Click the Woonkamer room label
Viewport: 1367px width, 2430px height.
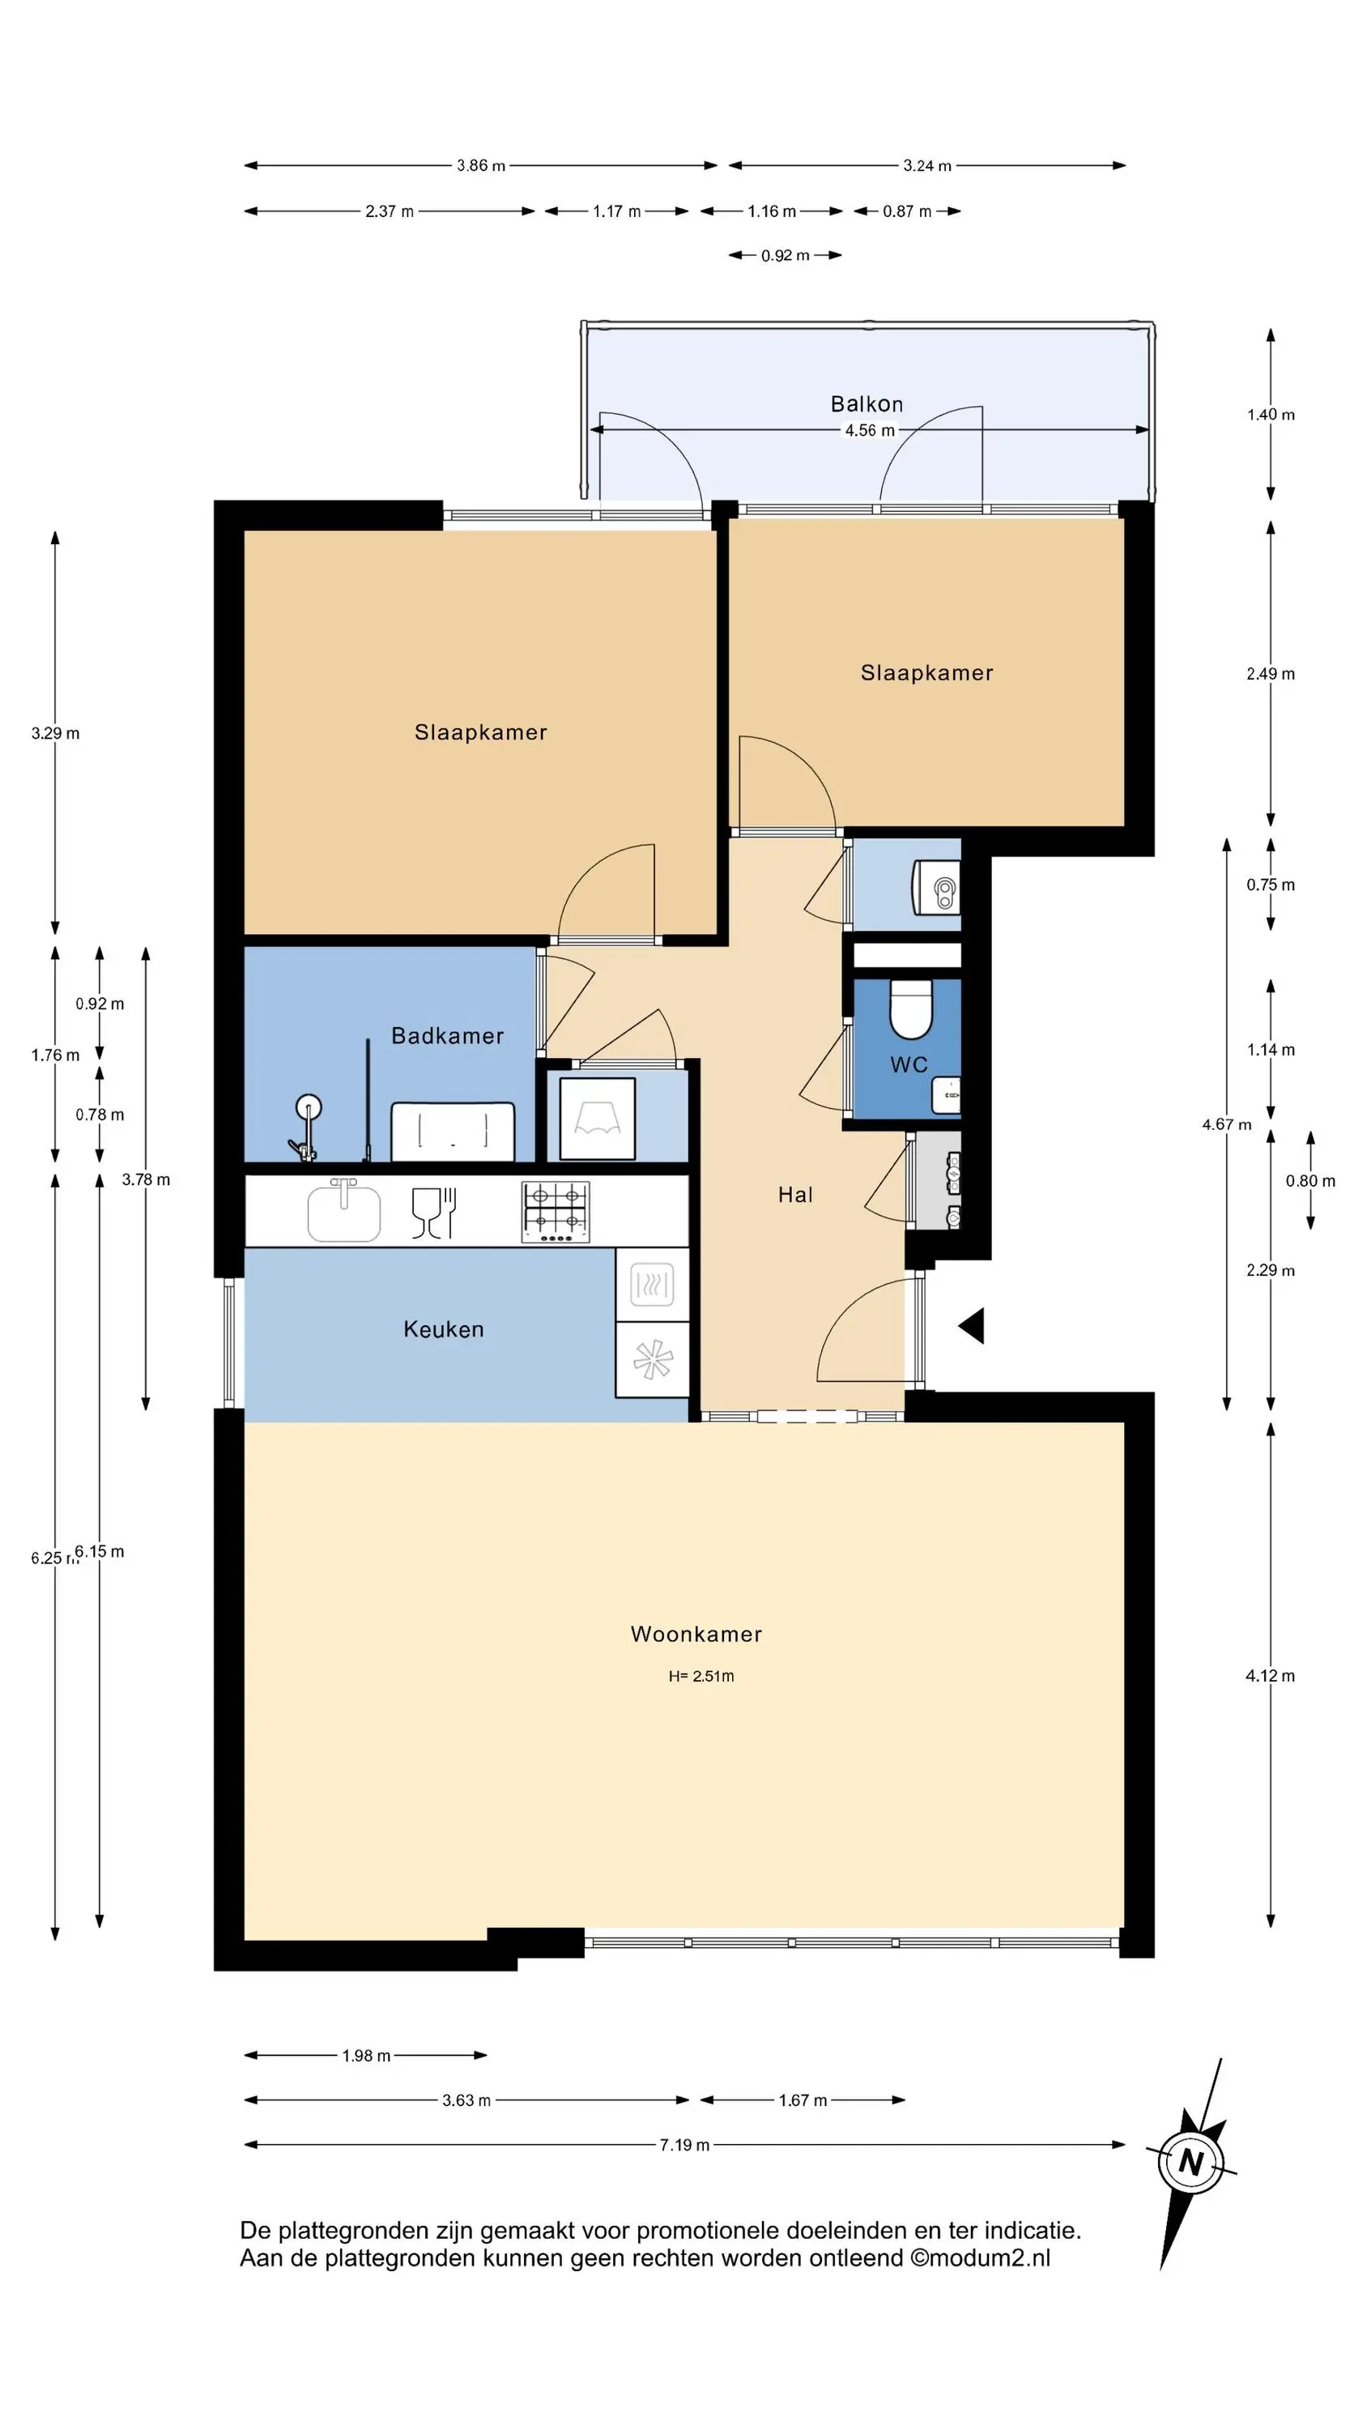point(696,1634)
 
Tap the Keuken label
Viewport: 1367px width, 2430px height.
point(444,1329)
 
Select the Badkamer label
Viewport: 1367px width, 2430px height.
point(447,1036)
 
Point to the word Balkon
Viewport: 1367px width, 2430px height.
point(866,403)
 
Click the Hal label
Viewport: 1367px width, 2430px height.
point(795,1196)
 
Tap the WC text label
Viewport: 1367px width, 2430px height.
point(909,1065)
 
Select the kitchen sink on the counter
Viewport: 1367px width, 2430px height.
point(344,1209)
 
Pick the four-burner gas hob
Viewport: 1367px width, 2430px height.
point(556,1211)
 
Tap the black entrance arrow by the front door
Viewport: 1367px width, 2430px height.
point(972,1325)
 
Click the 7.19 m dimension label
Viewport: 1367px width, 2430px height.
point(684,2144)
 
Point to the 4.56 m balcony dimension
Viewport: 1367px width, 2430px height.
point(869,430)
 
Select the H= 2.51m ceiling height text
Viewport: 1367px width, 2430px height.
point(701,1676)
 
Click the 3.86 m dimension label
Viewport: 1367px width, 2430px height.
point(481,166)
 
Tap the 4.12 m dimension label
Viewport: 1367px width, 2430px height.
point(1270,1675)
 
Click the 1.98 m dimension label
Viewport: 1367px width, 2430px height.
point(366,2056)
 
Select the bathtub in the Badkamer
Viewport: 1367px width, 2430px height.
point(453,1131)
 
